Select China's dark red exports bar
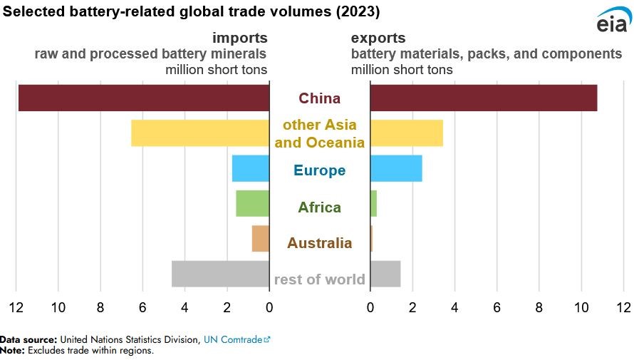tap(483, 98)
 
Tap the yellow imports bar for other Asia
tap(200, 133)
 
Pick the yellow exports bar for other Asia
tap(406, 133)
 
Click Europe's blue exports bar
tap(396, 168)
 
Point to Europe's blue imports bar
tap(251, 168)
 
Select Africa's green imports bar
tap(253, 203)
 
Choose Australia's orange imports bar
tap(261, 239)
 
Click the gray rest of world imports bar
tap(220, 274)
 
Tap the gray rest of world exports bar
tap(385, 274)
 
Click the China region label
tap(319, 98)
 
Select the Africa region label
tap(319, 207)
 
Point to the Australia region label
tap(319, 243)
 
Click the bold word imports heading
tap(239, 38)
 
